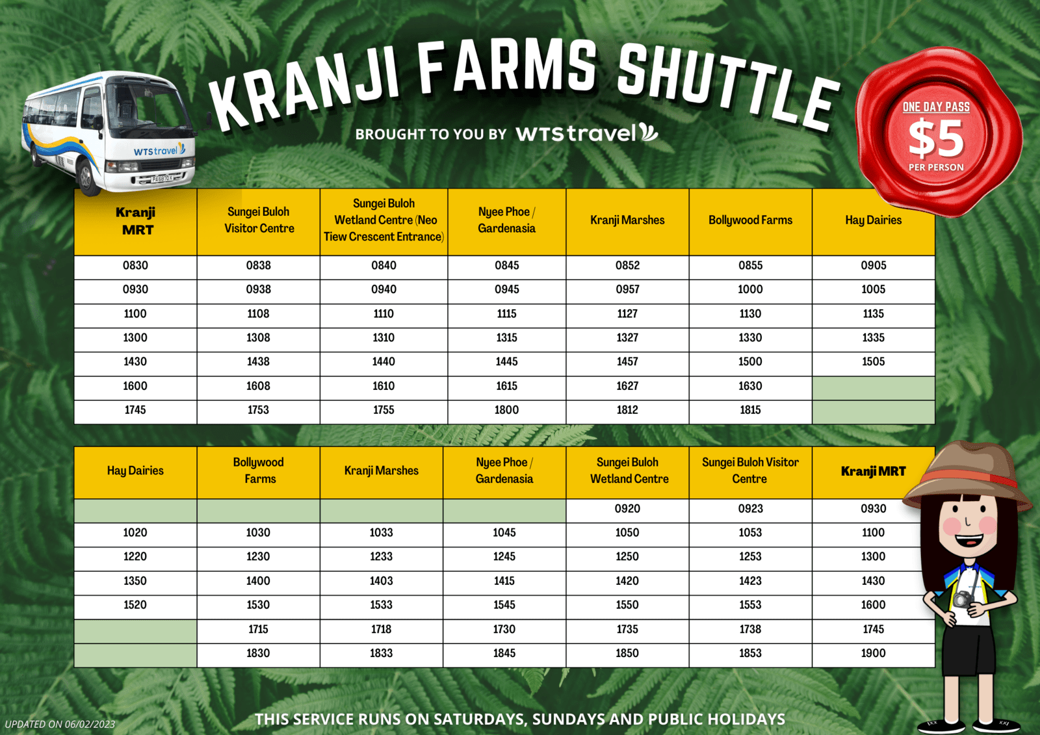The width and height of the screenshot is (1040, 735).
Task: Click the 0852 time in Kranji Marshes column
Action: [x=627, y=266]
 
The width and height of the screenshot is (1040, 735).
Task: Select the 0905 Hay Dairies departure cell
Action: [x=874, y=266]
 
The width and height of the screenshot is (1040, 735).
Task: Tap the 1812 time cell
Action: [x=627, y=410]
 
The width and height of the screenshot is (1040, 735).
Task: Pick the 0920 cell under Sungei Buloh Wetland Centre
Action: [x=627, y=508]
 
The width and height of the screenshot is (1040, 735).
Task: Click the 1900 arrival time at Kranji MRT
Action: [x=874, y=653]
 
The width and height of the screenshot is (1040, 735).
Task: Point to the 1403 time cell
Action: [x=381, y=581]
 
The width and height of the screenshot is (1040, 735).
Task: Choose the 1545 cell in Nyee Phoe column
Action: [x=504, y=605]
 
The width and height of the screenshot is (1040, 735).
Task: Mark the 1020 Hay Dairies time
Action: [x=135, y=532]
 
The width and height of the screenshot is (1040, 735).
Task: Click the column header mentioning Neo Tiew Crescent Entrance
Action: [x=384, y=220]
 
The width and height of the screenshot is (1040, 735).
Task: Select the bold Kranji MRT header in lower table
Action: [x=874, y=471]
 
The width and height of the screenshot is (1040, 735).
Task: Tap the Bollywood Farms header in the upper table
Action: [x=750, y=220]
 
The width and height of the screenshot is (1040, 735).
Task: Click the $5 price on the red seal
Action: [x=936, y=138]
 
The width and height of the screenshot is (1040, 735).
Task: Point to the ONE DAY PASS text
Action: [x=936, y=107]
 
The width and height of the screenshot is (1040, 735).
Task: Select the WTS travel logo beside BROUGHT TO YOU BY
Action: [x=587, y=133]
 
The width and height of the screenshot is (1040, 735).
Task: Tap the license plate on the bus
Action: [x=162, y=179]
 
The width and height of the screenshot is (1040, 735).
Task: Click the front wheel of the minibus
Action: [x=87, y=177]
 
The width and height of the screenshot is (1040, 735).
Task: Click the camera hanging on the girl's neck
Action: [x=963, y=600]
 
